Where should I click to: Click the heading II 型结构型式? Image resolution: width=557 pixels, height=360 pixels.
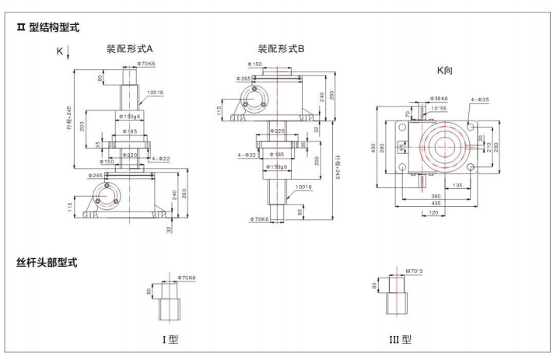point(48,28)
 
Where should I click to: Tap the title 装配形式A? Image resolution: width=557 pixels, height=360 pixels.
point(135,48)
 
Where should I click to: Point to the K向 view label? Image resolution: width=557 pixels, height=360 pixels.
point(444,69)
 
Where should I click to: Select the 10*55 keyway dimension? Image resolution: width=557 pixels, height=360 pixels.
point(440,108)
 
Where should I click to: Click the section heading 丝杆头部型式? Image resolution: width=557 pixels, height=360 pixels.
point(47,263)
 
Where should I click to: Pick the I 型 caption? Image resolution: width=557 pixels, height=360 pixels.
point(169,340)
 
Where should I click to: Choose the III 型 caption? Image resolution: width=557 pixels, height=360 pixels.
point(400,340)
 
